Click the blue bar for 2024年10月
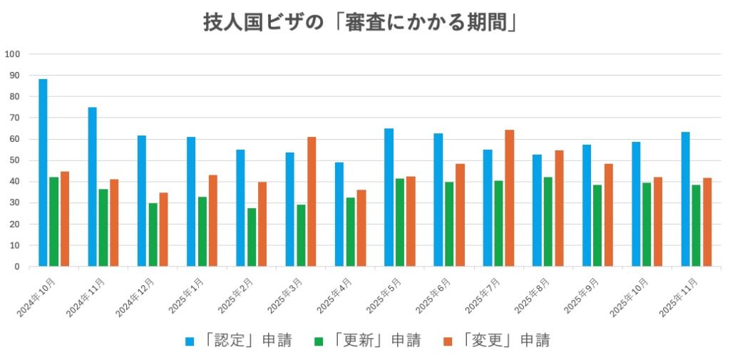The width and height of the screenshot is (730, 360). point(43,173)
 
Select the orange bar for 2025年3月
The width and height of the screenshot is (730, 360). point(312,202)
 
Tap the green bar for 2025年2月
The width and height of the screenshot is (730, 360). point(251,237)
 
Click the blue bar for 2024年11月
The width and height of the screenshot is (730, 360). point(92,187)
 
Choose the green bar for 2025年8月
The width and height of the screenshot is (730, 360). point(547,222)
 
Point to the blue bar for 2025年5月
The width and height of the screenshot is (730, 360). point(389,197)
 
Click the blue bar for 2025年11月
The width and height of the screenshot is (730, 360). point(685,199)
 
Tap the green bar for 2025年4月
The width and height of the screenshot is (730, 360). point(350,232)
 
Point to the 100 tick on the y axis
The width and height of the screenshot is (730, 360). point(12,54)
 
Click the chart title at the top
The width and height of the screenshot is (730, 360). point(359,23)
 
